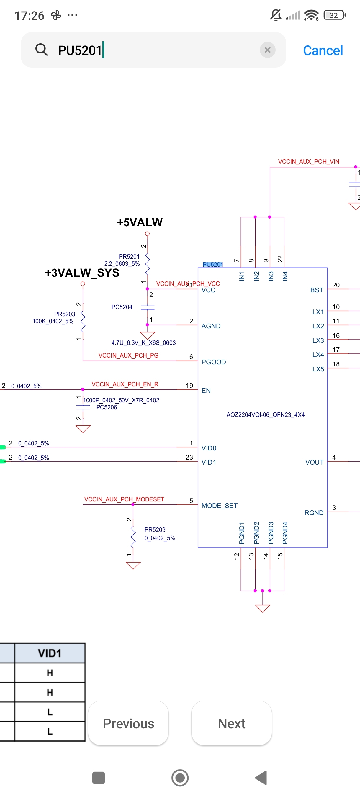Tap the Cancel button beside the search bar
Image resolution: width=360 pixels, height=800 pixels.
(x=323, y=50)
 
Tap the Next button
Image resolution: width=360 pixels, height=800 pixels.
(x=231, y=723)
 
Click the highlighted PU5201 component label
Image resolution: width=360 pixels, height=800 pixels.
(x=213, y=264)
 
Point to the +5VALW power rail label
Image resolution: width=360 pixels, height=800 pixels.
(x=140, y=222)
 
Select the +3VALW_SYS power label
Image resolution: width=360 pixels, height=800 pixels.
(x=82, y=273)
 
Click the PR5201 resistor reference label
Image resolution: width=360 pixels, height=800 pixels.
(x=129, y=257)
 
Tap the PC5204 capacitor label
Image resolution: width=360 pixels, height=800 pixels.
(x=122, y=307)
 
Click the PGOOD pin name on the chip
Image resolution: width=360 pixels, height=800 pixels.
(x=213, y=362)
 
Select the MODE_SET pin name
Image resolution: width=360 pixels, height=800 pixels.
(x=219, y=506)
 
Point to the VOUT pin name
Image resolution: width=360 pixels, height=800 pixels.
(x=314, y=462)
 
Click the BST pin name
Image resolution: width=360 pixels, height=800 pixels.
(x=317, y=290)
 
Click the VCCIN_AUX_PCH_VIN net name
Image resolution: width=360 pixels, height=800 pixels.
(x=308, y=161)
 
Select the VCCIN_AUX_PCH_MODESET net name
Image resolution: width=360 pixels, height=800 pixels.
(x=124, y=499)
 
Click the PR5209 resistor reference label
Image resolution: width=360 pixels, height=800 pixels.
(x=155, y=529)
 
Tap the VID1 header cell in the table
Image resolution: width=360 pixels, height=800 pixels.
(x=50, y=653)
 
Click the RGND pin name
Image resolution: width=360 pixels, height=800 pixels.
(x=314, y=513)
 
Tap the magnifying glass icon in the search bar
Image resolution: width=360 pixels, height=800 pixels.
(x=41, y=50)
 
